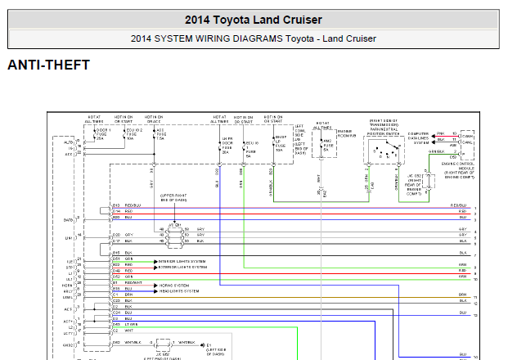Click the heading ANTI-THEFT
pos(48,65)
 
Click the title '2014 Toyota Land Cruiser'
pos(253,20)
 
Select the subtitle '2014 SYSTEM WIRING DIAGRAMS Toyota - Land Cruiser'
pos(253,38)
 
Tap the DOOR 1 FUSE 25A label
pos(102,133)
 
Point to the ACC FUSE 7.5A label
pos(161,133)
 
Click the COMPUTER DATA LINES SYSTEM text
pos(418,137)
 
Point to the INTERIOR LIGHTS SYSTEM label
pos(178,259)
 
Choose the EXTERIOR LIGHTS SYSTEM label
pos(179,265)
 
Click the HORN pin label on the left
pos(69,284)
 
